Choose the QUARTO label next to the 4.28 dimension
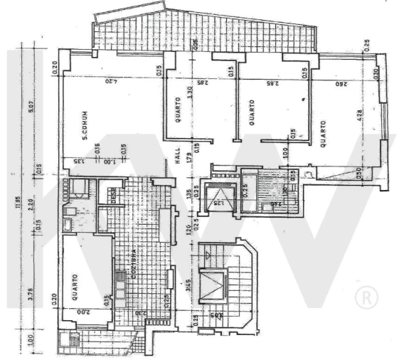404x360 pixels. (x=323, y=132)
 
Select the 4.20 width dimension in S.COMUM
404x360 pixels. (x=110, y=81)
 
